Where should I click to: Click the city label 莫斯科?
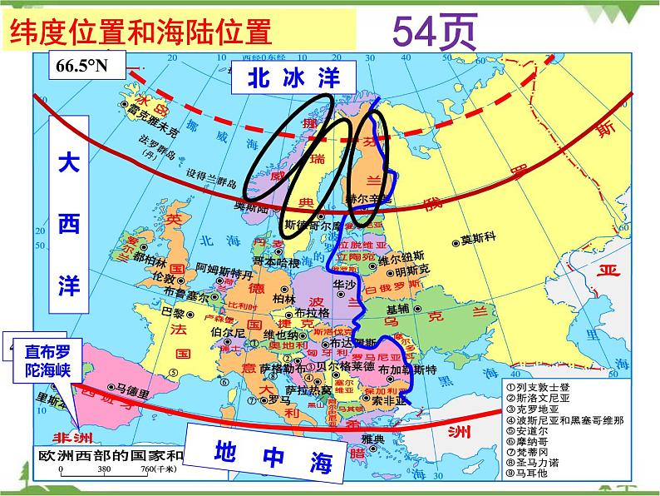click(x=478, y=239)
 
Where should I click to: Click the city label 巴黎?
click(x=171, y=313)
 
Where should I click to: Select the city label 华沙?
click(x=344, y=284)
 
